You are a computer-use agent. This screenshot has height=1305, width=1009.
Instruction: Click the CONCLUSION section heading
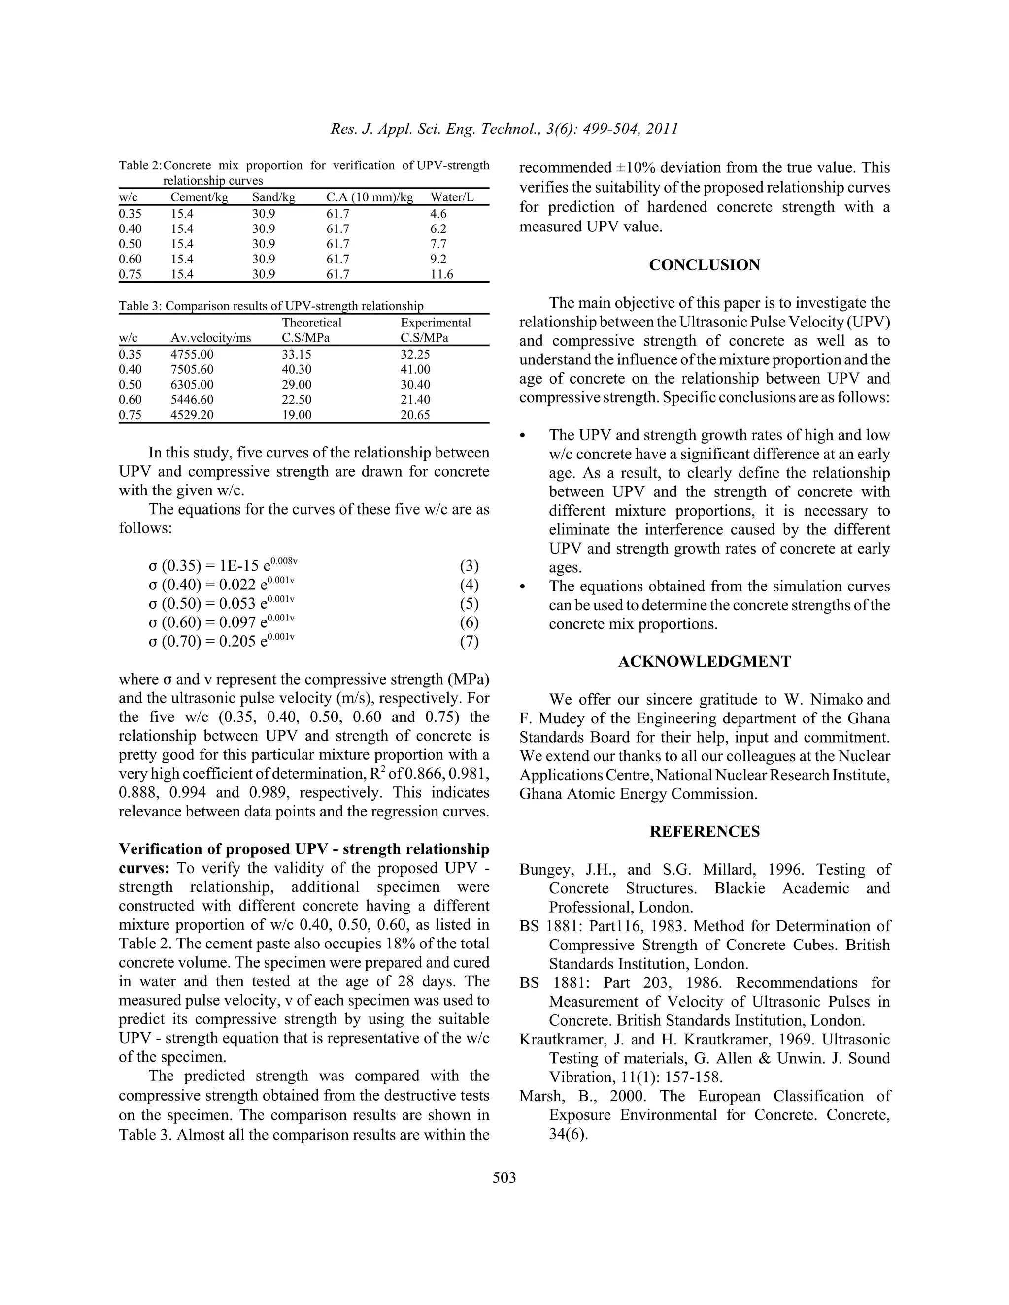pyautogui.click(x=704, y=265)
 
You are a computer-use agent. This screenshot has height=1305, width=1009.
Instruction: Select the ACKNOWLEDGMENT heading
pyautogui.click(x=704, y=661)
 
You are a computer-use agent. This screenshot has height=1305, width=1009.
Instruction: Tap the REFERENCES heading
pyautogui.click(x=704, y=832)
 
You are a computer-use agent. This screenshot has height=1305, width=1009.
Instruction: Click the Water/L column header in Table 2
pyautogui.click(x=452, y=197)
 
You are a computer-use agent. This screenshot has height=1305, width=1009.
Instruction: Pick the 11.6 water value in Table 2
pyautogui.click(x=442, y=274)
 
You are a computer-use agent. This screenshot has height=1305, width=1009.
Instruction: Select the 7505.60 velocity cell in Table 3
pyautogui.click(x=192, y=370)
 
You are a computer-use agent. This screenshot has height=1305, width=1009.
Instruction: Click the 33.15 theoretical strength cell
pyautogui.click(x=297, y=355)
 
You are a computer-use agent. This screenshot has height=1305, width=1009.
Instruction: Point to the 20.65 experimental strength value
pyautogui.click(x=415, y=415)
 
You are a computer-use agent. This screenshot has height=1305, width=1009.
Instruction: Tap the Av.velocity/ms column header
pyautogui.click(x=210, y=338)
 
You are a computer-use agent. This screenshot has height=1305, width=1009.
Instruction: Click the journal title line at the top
pyautogui.click(x=504, y=129)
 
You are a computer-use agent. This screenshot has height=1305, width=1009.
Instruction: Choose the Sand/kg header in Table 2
pyautogui.click(x=273, y=197)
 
